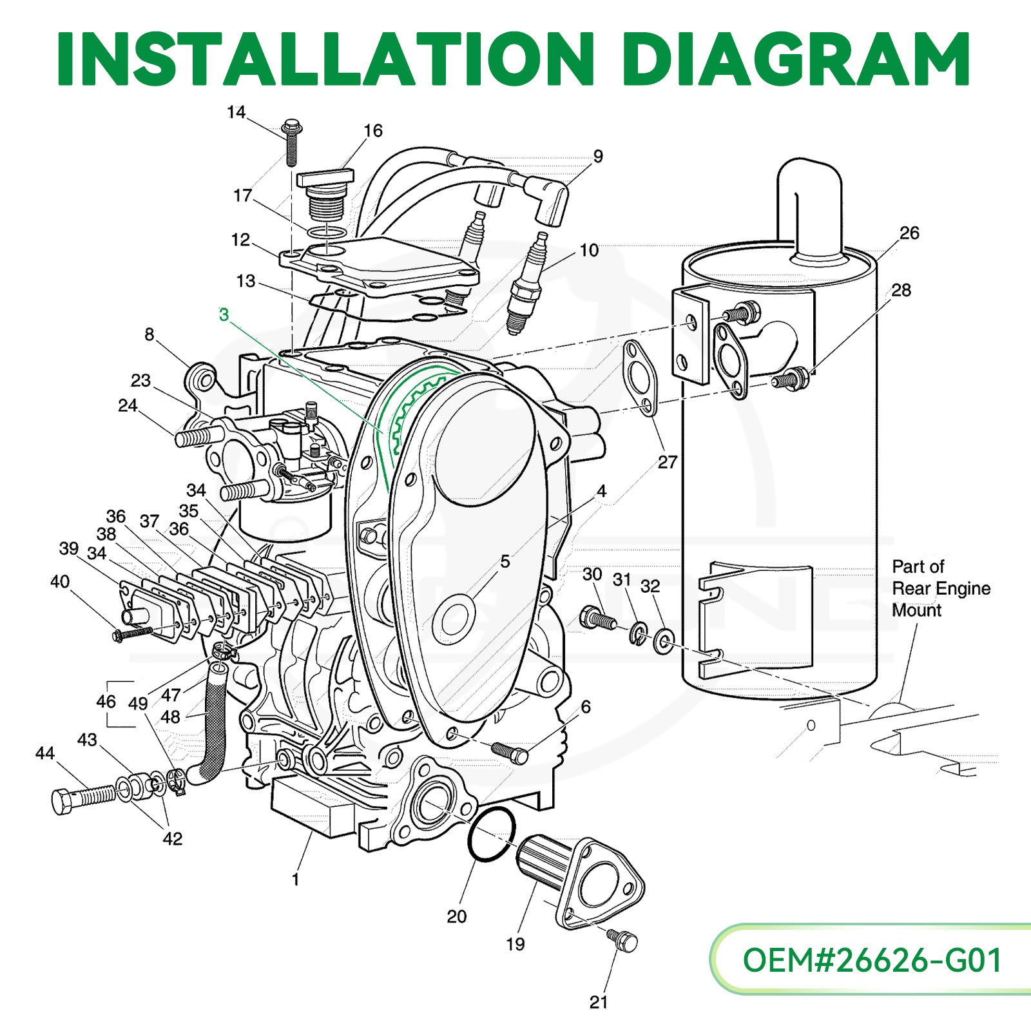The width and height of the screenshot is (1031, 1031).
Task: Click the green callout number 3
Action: click(x=224, y=315)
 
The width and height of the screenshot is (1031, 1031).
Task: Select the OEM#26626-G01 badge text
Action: click(x=872, y=960)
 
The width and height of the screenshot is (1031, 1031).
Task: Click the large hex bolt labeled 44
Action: click(x=84, y=798)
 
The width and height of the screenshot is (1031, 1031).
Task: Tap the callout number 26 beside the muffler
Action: click(x=909, y=233)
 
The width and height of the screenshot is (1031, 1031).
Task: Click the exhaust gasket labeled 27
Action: click(x=641, y=380)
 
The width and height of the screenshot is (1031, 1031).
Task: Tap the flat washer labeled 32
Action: click(x=664, y=641)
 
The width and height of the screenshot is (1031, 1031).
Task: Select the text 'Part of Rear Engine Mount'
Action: click(x=941, y=588)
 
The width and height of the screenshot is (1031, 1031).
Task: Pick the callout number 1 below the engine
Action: click(x=295, y=879)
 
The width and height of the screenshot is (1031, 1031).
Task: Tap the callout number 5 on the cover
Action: click(x=505, y=561)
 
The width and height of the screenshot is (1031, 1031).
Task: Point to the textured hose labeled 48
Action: click(x=211, y=722)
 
